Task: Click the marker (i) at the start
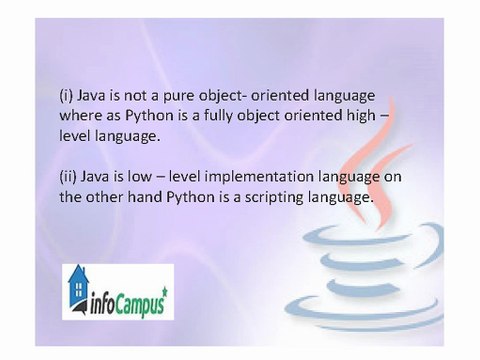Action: click(67, 95)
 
